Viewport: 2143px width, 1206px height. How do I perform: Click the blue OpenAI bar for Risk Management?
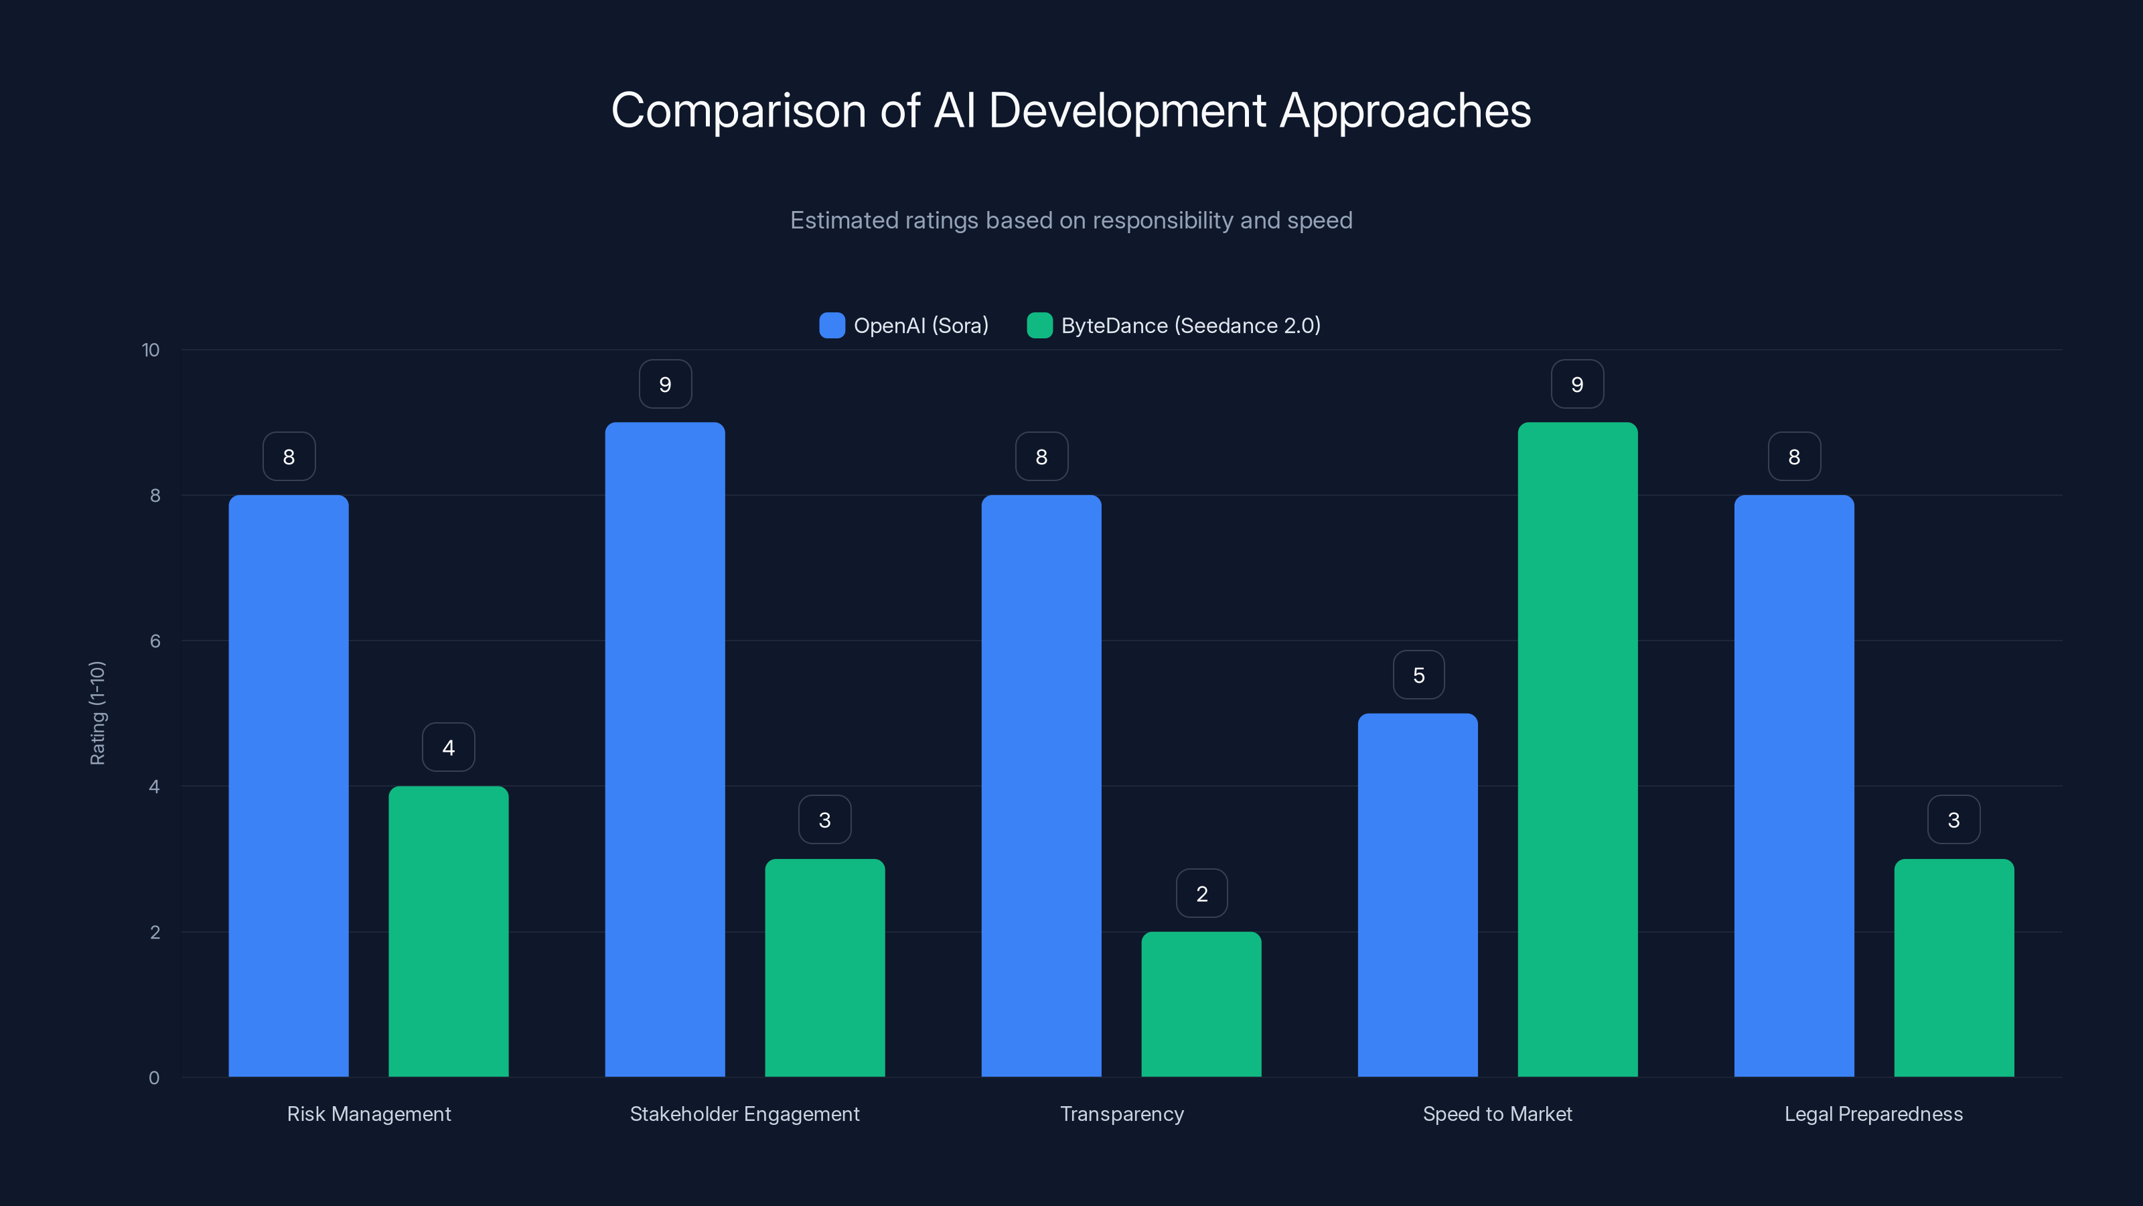point(289,786)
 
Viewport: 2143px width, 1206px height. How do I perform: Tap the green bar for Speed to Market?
point(1577,749)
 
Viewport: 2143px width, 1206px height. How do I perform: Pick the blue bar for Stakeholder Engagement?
point(665,749)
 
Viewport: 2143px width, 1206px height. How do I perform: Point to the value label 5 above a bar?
point(1418,675)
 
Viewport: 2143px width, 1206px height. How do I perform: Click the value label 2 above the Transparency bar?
point(1201,893)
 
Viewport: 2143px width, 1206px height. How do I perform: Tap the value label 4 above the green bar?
point(449,748)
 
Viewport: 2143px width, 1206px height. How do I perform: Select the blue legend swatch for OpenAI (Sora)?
point(832,326)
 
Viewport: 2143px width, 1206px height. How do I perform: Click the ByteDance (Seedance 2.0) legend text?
point(1191,326)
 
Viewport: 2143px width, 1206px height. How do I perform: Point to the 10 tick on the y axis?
point(151,350)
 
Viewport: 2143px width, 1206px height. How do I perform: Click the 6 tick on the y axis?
point(155,641)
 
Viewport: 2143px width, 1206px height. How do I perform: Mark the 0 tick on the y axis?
point(154,1078)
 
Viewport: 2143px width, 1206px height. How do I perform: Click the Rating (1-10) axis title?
point(97,714)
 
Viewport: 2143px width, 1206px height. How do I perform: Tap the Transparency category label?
point(1122,1114)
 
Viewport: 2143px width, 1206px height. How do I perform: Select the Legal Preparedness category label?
point(1874,1114)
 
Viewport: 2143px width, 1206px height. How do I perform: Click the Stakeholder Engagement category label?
point(745,1114)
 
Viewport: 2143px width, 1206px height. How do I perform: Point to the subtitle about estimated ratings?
point(1071,220)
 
